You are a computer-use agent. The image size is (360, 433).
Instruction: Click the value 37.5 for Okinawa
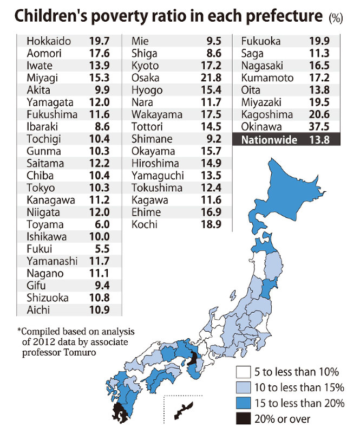[319, 127]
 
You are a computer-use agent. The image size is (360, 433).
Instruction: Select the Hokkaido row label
[48, 41]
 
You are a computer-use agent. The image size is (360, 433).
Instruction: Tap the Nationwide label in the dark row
[262, 139]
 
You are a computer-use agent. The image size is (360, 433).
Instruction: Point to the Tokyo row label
[41, 188]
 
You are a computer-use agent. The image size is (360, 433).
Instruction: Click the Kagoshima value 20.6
[319, 114]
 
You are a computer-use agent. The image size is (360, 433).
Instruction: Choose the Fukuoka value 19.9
[319, 41]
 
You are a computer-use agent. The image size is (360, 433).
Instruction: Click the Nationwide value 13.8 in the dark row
[319, 139]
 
